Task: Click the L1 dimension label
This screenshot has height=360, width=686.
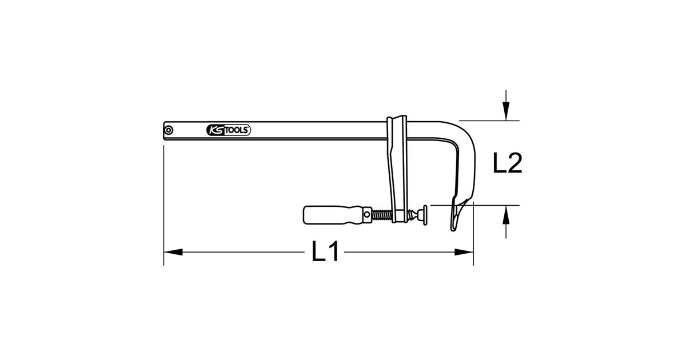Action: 325,251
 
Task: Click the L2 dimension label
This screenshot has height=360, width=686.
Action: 508,163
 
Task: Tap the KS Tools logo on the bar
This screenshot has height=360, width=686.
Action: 229,130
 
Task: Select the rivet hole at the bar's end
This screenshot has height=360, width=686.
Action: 169,130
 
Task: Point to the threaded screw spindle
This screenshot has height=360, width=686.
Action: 382,215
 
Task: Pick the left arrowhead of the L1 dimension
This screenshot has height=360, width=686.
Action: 173,252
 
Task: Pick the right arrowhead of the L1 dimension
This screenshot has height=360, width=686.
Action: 464,252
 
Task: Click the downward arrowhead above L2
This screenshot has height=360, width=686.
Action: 506,111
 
